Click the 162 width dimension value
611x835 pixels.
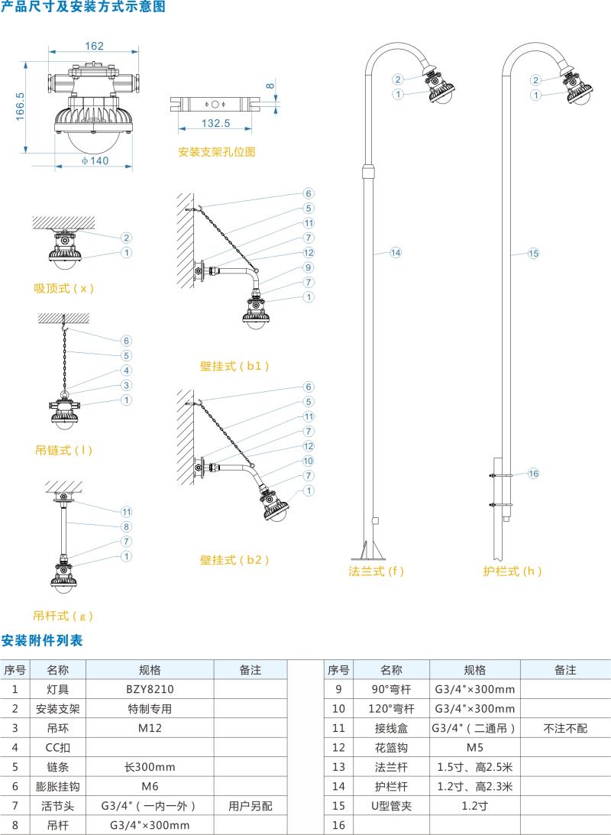tap(94, 46)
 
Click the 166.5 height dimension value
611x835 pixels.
tap(21, 106)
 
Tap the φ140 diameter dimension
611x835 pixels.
tap(94, 160)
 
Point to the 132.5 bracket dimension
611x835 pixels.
tap(215, 123)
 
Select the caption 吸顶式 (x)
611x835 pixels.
tap(63, 288)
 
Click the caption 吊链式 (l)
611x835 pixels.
tap(63, 450)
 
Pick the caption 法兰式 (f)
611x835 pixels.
tap(376, 571)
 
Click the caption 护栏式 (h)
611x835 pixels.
tap(512, 571)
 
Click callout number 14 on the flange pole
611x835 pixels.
tap(395, 252)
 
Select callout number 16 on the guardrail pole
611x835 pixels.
tap(533, 474)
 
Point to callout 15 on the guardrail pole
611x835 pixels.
tap(533, 253)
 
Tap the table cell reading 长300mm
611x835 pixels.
tap(150, 767)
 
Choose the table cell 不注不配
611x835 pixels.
tap(565, 728)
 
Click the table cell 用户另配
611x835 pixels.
tap(250, 805)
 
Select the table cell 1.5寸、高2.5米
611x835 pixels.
tap(474, 766)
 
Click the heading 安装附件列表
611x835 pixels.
tap(42, 640)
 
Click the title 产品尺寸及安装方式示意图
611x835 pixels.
tap(82, 8)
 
